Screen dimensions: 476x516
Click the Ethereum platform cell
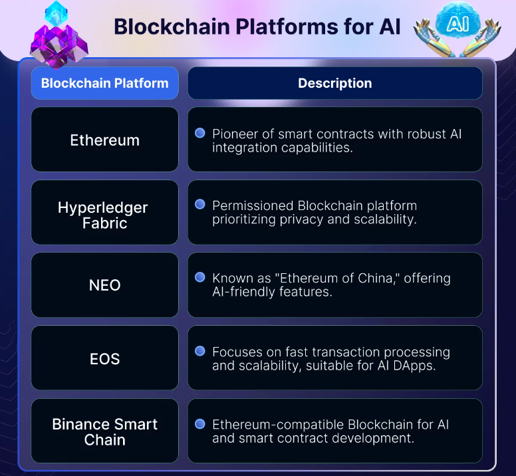click(105, 140)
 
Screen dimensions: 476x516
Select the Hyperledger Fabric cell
click(105, 215)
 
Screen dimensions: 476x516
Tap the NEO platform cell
click(105, 285)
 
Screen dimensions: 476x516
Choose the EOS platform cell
click(105, 359)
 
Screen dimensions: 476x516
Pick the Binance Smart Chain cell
click(105, 431)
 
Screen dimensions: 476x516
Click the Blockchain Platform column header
click(105, 84)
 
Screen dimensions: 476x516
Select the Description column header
click(334, 84)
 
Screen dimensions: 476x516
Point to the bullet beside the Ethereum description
click(199, 133)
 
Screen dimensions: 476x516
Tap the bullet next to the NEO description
click(199, 277)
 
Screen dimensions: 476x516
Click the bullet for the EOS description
click(199, 350)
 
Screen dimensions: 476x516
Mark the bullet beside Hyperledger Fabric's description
click(199, 205)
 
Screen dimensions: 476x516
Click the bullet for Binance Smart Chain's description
click(199, 423)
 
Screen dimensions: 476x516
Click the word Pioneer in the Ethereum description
click(235, 134)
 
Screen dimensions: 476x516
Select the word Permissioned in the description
click(253, 205)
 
